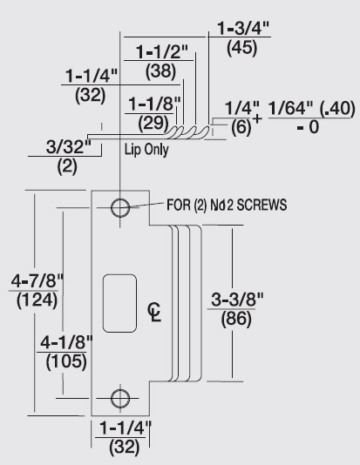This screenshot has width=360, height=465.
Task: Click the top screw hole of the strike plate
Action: (120, 207)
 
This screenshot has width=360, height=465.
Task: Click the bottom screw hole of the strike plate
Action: (120, 398)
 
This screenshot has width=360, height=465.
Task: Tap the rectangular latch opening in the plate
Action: (119, 303)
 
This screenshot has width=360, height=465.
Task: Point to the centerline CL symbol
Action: (154, 312)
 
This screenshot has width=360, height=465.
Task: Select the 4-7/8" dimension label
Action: (37, 281)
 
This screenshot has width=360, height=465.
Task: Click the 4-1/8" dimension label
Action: (66, 342)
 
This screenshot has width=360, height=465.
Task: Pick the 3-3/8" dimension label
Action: (237, 300)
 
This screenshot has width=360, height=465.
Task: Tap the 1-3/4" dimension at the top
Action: (243, 29)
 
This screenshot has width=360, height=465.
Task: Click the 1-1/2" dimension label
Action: (162, 52)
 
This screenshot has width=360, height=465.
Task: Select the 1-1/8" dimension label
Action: (154, 104)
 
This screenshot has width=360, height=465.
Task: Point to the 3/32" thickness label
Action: (69, 146)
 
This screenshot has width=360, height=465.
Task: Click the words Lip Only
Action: (146, 150)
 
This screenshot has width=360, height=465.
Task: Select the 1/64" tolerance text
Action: (290, 108)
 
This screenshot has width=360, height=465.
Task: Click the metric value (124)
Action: (37, 300)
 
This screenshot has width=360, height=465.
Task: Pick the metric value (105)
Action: (66, 361)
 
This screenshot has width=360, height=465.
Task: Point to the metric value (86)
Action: (236, 319)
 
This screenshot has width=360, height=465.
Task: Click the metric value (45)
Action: (241, 48)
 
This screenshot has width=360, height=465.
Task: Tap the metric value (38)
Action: (160, 71)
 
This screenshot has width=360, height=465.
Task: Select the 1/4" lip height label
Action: (242, 108)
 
